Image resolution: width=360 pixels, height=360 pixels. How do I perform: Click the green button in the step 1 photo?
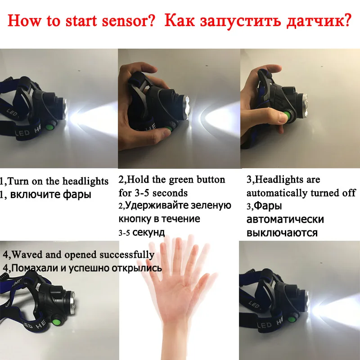49,127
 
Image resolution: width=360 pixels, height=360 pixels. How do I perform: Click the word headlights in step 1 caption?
85,181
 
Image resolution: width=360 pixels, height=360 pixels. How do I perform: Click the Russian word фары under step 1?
77,194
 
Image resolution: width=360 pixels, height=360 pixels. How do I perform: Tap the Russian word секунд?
148,233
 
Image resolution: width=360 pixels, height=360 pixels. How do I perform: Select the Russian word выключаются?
282,233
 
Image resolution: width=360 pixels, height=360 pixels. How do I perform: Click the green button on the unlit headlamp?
56,322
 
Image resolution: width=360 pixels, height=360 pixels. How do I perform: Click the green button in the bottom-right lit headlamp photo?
292,319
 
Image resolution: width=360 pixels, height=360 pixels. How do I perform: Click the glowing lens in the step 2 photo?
186,108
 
